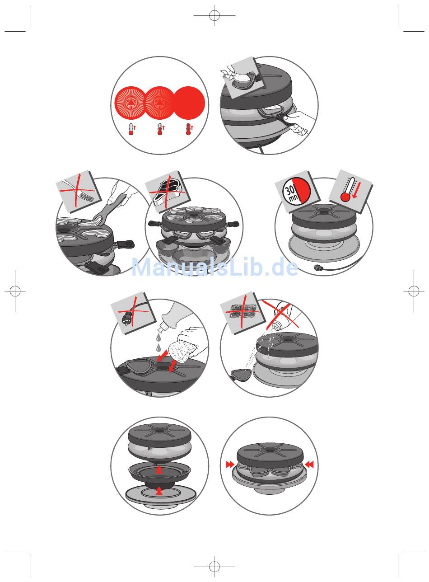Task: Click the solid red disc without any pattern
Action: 190,103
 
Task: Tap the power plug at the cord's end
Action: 318,266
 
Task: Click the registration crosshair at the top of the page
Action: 214,15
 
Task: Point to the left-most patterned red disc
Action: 130,103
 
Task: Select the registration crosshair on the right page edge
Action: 414,291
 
